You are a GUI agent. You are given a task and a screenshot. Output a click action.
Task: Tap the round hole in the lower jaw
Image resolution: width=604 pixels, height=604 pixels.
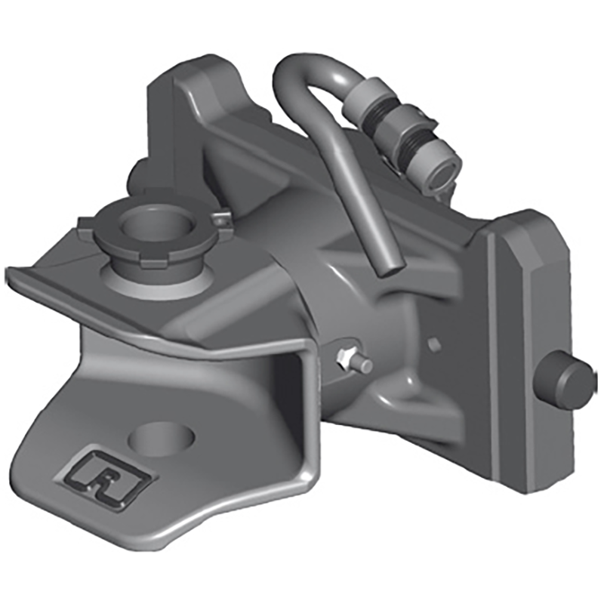pos(162,437)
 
